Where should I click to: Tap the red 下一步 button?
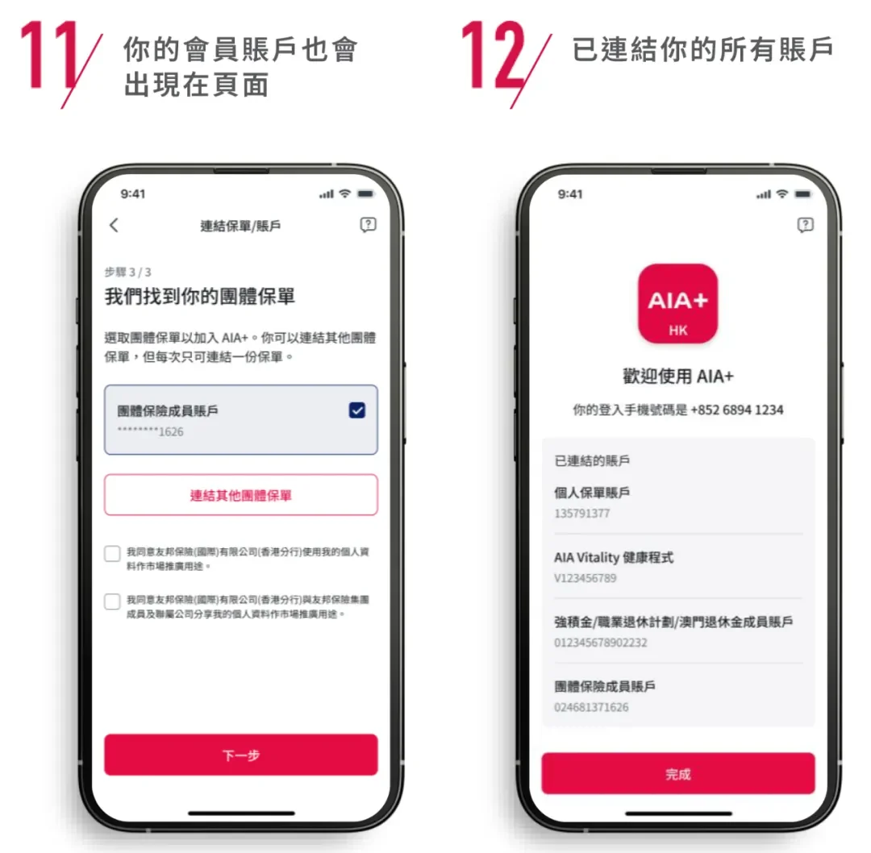[x=240, y=755]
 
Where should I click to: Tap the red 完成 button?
[x=677, y=774]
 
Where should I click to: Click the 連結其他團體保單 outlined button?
[x=240, y=495]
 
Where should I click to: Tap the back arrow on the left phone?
[x=114, y=226]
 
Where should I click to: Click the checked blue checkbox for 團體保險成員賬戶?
[x=356, y=410]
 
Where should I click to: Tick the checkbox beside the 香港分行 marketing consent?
[x=113, y=555]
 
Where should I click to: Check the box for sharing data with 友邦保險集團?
[x=113, y=601]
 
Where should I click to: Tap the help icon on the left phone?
[x=368, y=226]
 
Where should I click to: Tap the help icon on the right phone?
[x=804, y=225]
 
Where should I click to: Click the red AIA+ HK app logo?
[x=677, y=303]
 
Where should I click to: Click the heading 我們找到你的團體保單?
[x=200, y=297]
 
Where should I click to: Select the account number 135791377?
[x=581, y=514]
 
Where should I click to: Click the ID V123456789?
[x=585, y=578]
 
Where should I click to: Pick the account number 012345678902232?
[x=600, y=643]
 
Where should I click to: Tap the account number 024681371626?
[x=591, y=707]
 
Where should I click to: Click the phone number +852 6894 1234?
[x=736, y=410]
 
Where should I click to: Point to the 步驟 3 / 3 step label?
[x=127, y=272]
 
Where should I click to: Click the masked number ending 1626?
[x=151, y=431]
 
